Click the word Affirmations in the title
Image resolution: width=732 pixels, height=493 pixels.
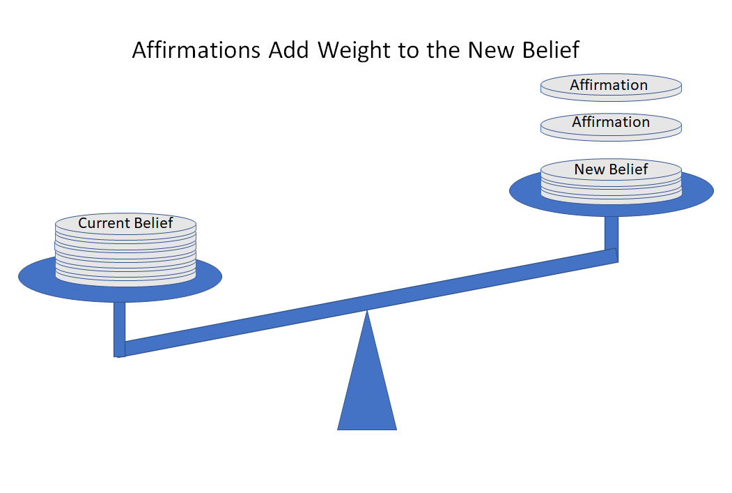(x=196, y=50)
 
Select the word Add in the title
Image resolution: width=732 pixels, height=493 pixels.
(x=288, y=50)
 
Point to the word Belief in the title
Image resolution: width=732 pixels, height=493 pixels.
(x=551, y=50)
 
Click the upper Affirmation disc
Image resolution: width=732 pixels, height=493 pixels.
(x=611, y=87)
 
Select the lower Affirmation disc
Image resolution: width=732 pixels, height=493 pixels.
(x=611, y=127)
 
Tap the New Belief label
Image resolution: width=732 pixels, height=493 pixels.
(x=611, y=169)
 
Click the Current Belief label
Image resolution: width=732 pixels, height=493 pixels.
(x=125, y=223)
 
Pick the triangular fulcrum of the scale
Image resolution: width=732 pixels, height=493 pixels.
(x=367, y=374)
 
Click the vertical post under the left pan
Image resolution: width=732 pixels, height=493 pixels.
(x=120, y=329)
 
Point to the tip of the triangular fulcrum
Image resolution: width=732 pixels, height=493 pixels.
(x=367, y=310)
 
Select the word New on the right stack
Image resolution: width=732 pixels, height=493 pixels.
(x=589, y=169)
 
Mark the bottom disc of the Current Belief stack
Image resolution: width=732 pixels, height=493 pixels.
(x=125, y=280)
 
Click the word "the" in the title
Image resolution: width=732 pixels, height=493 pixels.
(x=443, y=50)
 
